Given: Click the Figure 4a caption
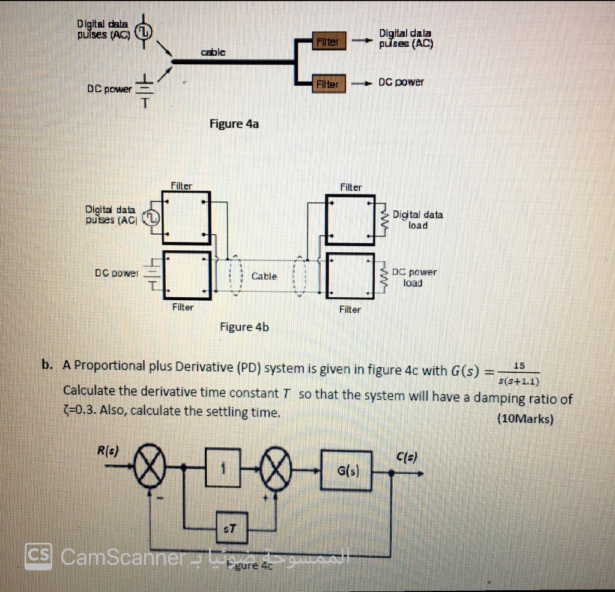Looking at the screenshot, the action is click(234, 124).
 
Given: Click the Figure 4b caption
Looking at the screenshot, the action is click(244, 327).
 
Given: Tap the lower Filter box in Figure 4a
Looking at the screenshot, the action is click(327, 84).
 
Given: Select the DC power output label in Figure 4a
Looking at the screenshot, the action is click(401, 82).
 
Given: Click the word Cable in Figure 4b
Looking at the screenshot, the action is click(264, 276).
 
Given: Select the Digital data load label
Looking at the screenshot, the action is click(417, 220).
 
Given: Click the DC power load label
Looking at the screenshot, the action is click(414, 277).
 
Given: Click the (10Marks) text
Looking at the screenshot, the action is click(525, 419).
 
